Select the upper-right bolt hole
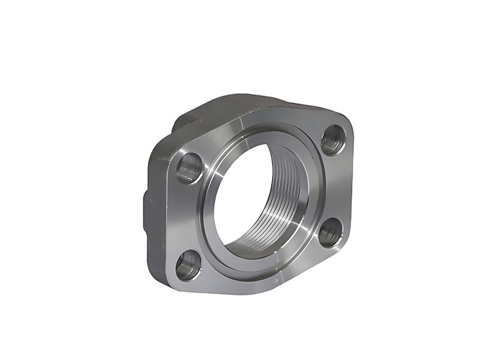coord(332,139)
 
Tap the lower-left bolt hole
coord(189,265)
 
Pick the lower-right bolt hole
coord(329,232)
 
